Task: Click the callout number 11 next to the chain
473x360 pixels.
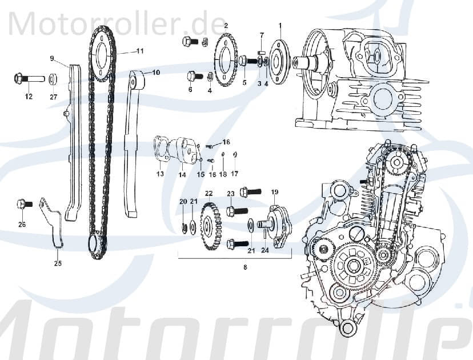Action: click(139, 51)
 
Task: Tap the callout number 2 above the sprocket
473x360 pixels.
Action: click(226, 26)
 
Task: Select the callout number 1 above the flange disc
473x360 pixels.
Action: click(280, 26)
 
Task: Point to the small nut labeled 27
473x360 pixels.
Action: click(53, 78)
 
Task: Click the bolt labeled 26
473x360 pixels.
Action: click(22, 203)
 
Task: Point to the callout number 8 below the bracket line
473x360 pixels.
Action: click(246, 266)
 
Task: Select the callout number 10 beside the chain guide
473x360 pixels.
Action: click(156, 73)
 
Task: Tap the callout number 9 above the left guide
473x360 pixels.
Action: click(51, 58)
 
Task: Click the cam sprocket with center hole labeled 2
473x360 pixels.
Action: click(227, 60)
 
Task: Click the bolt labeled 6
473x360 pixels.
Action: click(193, 75)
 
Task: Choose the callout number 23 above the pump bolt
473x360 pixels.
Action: click(231, 194)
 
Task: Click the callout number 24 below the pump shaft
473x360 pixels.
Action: click(264, 250)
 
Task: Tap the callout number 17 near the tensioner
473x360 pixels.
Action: click(234, 174)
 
